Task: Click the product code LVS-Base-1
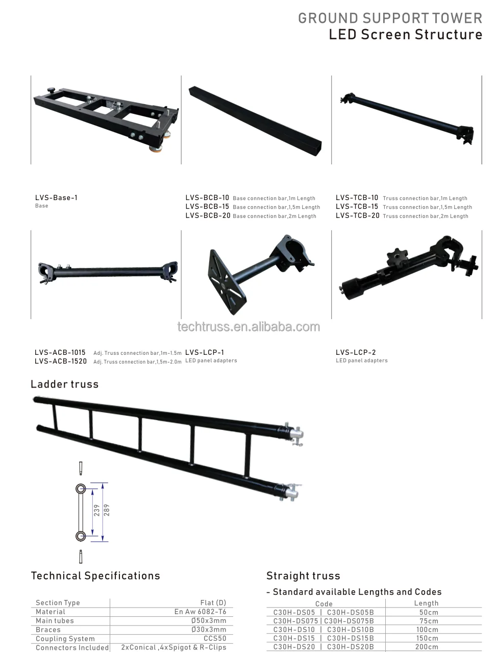click(56, 198)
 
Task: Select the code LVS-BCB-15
click(207, 207)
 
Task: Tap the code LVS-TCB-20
click(357, 215)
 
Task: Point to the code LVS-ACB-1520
click(60, 361)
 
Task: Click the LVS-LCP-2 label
click(356, 352)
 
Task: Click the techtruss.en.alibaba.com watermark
click(248, 327)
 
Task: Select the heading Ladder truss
click(64, 384)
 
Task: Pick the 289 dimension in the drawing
click(107, 510)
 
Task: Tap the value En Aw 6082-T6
click(200, 612)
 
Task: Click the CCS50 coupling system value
click(215, 638)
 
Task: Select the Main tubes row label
click(55, 620)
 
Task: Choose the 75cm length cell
click(429, 621)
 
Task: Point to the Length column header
click(426, 603)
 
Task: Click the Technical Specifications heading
click(95, 576)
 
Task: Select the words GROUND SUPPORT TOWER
click(390, 18)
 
